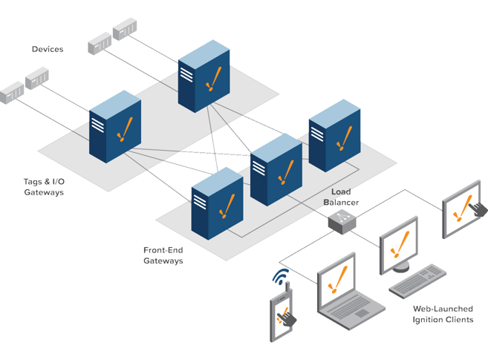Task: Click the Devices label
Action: tap(48, 49)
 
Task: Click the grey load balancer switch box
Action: tap(342, 221)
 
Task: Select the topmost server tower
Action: tap(204, 76)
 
